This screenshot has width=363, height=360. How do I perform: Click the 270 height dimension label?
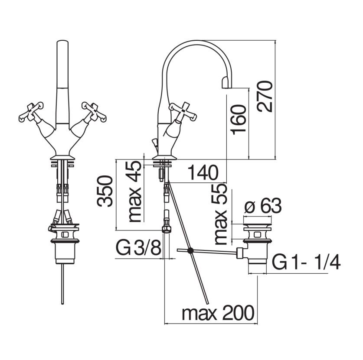tap(265, 97)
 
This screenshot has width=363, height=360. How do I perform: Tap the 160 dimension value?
tap(238, 119)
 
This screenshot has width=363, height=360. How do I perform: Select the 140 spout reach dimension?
tap(203, 172)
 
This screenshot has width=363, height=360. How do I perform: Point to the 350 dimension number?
tap(105, 191)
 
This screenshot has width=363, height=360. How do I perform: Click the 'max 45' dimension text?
tap(135, 191)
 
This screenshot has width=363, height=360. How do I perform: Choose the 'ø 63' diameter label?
tap(263, 205)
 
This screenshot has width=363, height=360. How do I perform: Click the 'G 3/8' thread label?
tap(138, 248)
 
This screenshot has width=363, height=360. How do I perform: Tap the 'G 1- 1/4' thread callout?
tap(306, 263)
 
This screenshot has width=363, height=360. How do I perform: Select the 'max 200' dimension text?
tap(218, 313)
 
